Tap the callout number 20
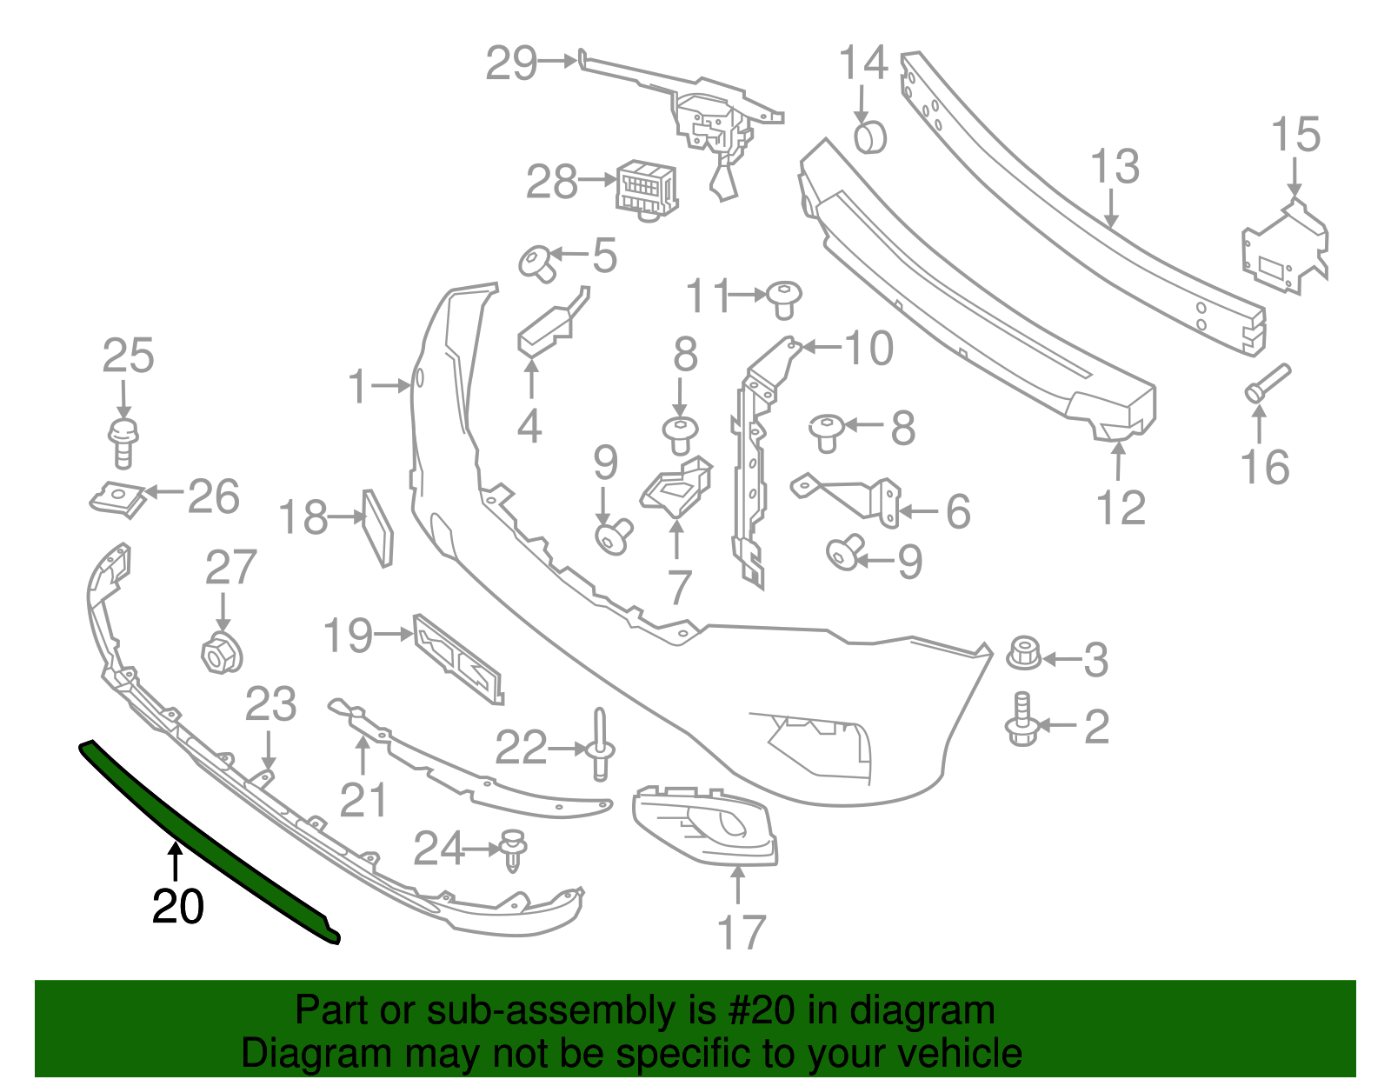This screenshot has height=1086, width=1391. [177, 907]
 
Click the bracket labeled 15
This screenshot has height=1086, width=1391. [1285, 247]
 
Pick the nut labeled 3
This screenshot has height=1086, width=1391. [1025, 654]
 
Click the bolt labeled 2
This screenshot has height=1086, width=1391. [1022, 722]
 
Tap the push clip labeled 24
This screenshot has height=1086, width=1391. [515, 849]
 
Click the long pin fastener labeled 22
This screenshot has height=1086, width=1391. [601, 745]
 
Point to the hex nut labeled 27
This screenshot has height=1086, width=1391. [222, 653]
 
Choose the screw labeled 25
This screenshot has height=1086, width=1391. [123, 441]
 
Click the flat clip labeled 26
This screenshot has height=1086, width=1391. [117, 499]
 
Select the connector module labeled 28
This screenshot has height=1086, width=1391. [646, 187]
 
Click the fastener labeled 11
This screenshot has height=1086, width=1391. [784, 298]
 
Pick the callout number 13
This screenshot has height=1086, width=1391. [1115, 166]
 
